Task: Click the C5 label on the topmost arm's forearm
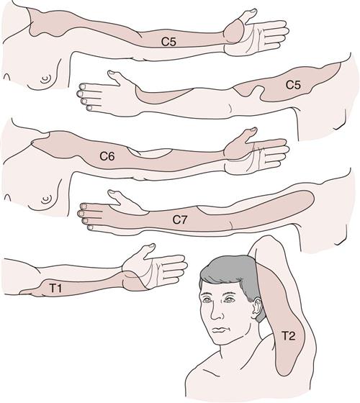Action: coord(168,42)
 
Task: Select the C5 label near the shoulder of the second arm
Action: coord(293,85)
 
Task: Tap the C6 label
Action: coord(107,156)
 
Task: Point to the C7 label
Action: coord(180,220)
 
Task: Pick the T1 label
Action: coord(55,288)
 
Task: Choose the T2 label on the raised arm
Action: coord(288,335)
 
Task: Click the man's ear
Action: coord(256,308)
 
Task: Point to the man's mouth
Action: coord(220,330)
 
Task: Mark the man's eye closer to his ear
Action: coord(228,299)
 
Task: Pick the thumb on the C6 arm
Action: coord(246,134)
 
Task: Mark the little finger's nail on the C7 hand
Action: coord(91,227)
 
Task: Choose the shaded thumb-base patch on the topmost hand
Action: coord(233,32)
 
